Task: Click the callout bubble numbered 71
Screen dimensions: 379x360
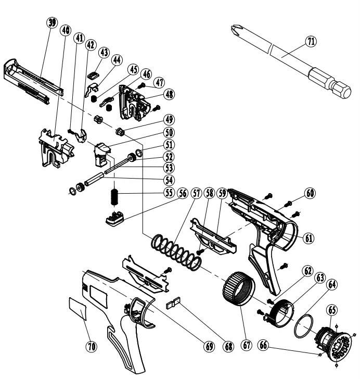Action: click(312, 42)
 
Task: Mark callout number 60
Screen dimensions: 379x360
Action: click(310, 193)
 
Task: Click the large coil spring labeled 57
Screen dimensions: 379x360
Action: click(176, 253)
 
